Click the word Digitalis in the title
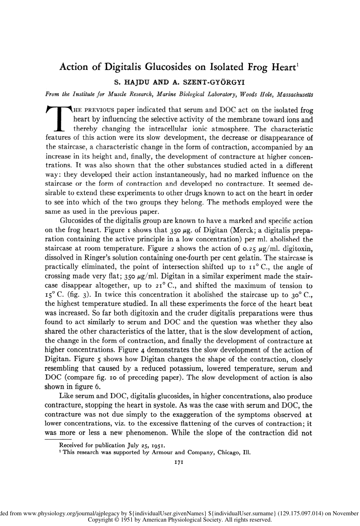pos(124,68)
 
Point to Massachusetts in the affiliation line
pos(295,94)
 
